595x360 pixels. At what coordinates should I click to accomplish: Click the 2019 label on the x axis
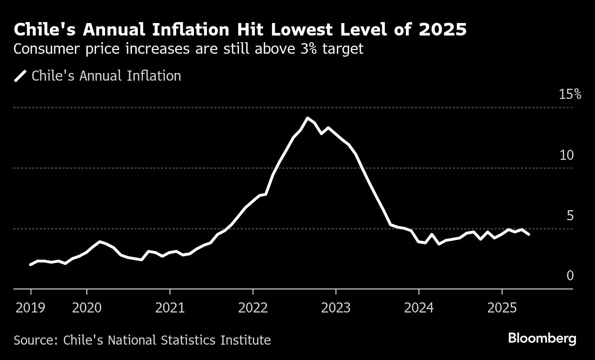point(31,308)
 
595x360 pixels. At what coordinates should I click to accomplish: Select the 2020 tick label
point(86,308)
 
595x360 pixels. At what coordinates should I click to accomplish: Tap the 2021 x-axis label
point(169,308)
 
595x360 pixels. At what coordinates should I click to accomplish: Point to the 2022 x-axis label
point(252,308)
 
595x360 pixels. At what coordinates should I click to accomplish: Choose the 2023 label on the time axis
point(335,308)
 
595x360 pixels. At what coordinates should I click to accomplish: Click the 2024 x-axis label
point(418,308)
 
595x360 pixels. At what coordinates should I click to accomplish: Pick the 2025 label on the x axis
point(501,308)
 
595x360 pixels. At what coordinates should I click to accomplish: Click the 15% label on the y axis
point(570,95)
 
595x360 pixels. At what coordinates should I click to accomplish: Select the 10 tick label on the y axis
point(566,155)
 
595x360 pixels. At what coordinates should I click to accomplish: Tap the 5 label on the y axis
point(570,216)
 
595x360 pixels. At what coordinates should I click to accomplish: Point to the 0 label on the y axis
point(570,276)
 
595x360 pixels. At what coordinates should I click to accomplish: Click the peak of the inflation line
point(308,118)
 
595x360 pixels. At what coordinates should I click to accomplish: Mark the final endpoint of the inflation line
point(529,235)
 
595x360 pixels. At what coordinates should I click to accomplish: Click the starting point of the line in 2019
point(31,264)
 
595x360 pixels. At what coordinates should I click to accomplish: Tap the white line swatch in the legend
point(21,76)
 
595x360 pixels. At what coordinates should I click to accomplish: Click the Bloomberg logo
point(542,338)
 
